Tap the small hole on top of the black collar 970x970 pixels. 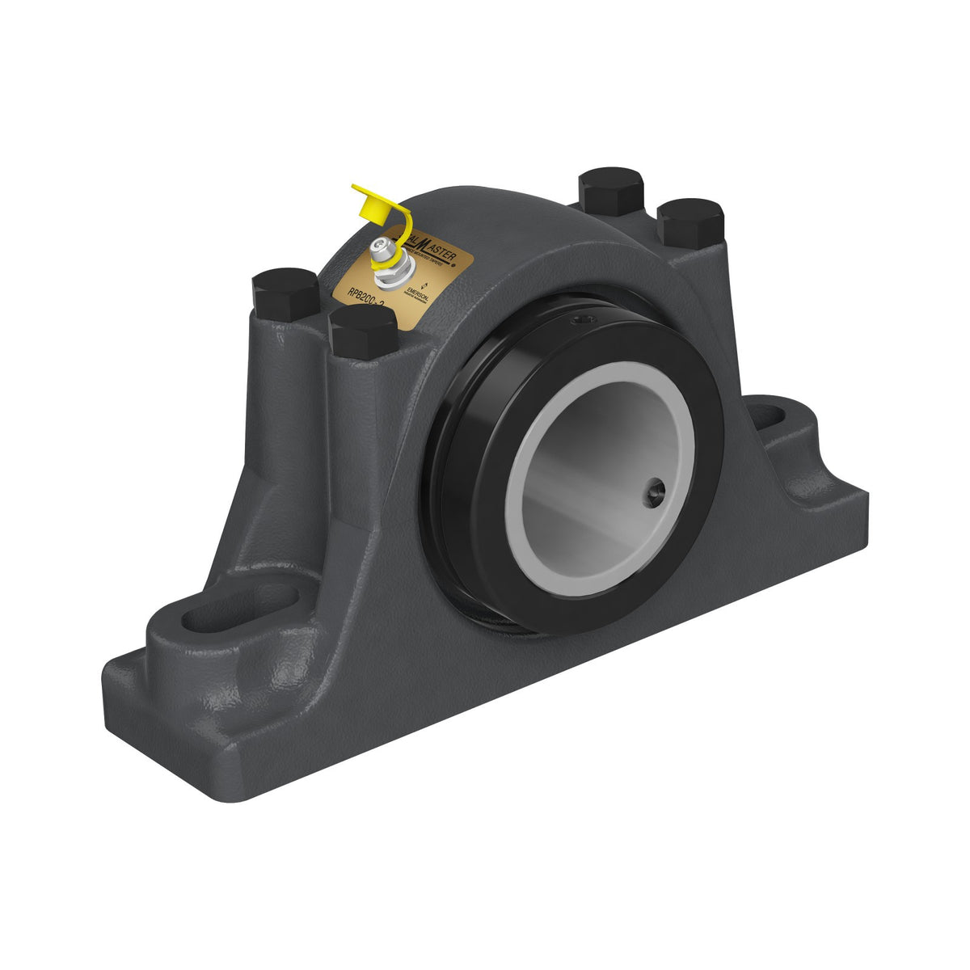[x=585, y=323]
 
